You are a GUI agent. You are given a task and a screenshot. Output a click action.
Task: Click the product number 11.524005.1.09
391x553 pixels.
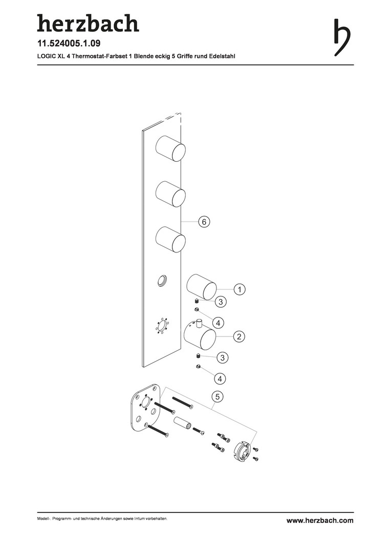(x=69, y=44)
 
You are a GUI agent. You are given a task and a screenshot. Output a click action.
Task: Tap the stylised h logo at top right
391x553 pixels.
(x=342, y=37)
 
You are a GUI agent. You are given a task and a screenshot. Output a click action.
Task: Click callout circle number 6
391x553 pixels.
(x=204, y=222)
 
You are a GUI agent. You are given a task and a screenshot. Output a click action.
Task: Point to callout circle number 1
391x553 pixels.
(x=240, y=289)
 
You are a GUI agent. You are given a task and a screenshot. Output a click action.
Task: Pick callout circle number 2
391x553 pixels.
(x=238, y=336)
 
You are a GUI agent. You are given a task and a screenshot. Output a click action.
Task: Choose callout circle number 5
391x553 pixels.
(x=218, y=397)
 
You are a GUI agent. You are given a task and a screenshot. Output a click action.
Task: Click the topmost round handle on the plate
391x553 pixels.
(x=170, y=149)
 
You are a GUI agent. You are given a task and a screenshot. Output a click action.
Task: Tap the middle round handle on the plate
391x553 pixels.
(x=170, y=195)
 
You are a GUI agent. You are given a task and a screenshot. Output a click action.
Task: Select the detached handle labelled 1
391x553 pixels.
(x=201, y=287)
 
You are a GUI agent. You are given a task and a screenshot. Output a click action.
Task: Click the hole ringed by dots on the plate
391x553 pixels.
(x=162, y=326)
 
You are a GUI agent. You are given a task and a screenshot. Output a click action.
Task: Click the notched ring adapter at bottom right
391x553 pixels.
(x=243, y=451)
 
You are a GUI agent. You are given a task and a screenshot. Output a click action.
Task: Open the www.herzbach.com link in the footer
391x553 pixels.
(x=320, y=521)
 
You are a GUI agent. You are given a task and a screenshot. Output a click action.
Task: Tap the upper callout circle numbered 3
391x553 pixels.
(x=221, y=302)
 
